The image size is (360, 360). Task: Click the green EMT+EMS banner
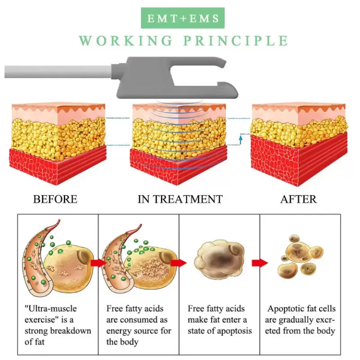[x=183, y=18]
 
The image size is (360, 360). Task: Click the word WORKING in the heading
[x=126, y=40]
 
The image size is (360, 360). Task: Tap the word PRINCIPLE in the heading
[x=235, y=40]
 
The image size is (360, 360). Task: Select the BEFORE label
[x=55, y=199]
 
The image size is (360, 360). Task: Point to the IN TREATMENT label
[x=180, y=199]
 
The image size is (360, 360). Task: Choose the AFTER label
[x=298, y=199]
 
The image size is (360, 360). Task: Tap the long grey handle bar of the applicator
[x=58, y=72]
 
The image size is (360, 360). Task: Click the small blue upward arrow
[x=241, y=139]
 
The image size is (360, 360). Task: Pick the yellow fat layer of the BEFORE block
[x=58, y=138]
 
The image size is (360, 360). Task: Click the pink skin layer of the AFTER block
[x=298, y=115]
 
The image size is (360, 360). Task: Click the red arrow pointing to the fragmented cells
[x=260, y=263]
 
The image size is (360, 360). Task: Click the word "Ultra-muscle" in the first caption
[x=51, y=309]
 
